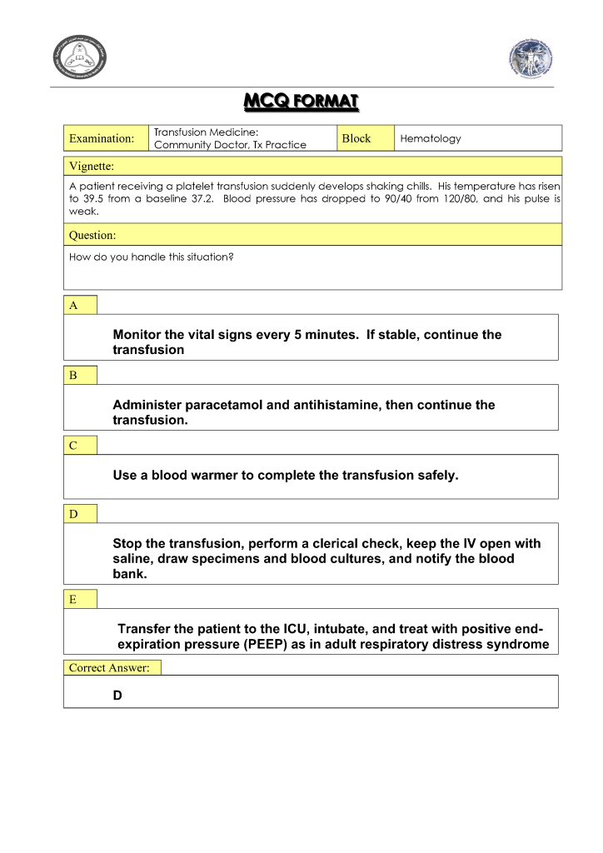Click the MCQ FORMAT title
(301, 102)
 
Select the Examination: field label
(102, 138)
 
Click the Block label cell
(356, 138)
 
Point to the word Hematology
(431, 138)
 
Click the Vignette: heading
(92, 166)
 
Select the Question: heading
(92, 236)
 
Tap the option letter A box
(74, 306)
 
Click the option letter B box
(73, 376)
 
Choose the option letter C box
(73, 446)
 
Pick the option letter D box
(73, 514)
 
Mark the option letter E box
(73, 599)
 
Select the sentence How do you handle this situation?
(151, 257)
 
